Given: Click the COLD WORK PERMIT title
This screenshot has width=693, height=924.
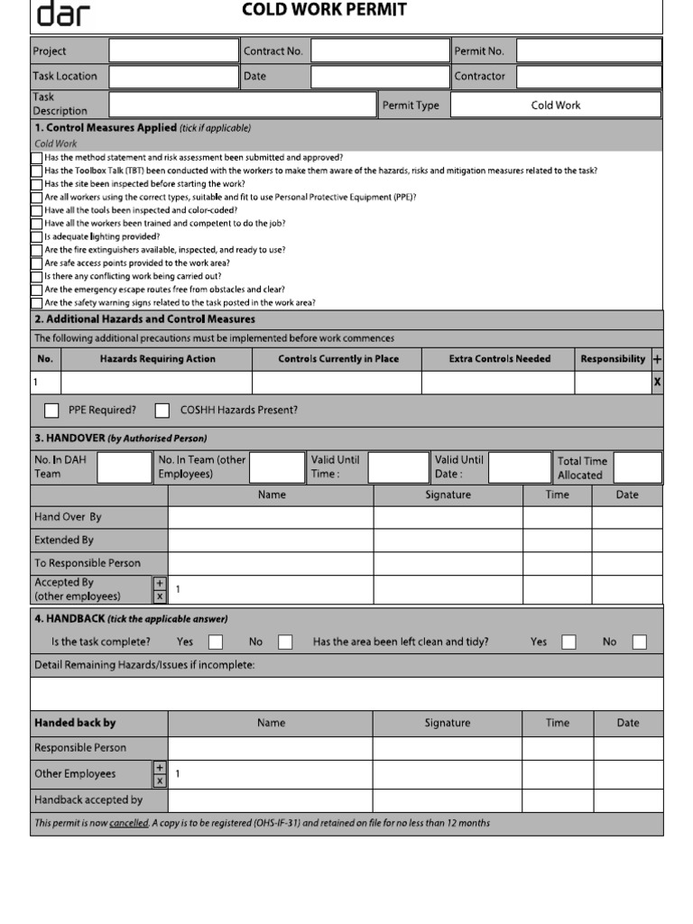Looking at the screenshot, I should (x=324, y=10).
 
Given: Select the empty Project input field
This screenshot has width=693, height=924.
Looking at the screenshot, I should (x=174, y=51).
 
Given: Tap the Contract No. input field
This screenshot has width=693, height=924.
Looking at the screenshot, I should (x=380, y=51).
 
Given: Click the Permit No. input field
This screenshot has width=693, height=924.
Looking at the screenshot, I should (x=588, y=51).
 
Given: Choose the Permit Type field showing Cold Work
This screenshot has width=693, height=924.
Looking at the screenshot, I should (x=555, y=106).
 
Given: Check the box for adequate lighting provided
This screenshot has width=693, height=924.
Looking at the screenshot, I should (x=37, y=237).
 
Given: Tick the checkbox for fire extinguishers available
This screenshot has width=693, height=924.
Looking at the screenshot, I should (x=37, y=251).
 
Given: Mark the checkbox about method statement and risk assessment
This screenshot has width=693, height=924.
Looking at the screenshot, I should (x=37, y=158).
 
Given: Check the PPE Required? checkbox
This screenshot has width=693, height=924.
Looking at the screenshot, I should (x=52, y=411).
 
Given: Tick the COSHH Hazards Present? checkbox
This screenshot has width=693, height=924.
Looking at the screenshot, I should (x=162, y=411).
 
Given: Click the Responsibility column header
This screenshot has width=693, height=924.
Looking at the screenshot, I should (x=613, y=359).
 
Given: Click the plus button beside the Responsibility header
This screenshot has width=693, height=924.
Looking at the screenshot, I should (x=657, y=359).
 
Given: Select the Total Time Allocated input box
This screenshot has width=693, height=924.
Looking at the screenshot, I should (x=638, y=467).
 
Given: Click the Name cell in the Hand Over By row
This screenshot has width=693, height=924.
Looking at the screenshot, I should (x=271, y=518).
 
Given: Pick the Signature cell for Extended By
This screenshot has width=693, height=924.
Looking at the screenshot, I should (x=448, y=541).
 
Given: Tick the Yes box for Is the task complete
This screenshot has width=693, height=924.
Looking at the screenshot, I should (x=216, y=642).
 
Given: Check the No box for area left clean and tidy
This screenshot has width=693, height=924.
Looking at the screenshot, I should (x=639, y=642).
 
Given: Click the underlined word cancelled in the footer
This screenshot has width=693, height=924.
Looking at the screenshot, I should (x=129, y=823).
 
